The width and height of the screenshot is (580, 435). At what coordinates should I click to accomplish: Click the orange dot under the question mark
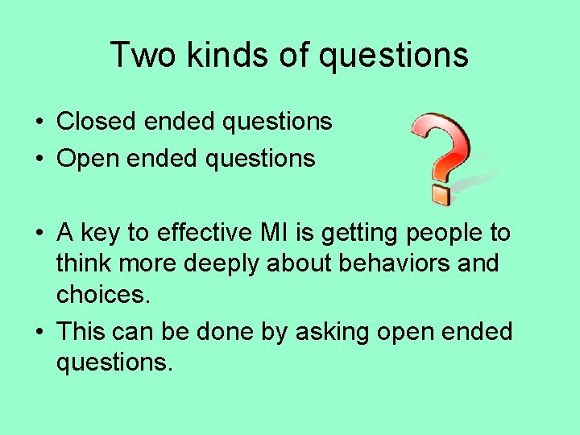click(440, 194)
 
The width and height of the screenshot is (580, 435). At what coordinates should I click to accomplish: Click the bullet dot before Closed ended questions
click(39, 122)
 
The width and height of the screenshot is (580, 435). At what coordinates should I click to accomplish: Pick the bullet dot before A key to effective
click(39, 234)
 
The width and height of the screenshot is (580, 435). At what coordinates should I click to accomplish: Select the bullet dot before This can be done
click(39, 332)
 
